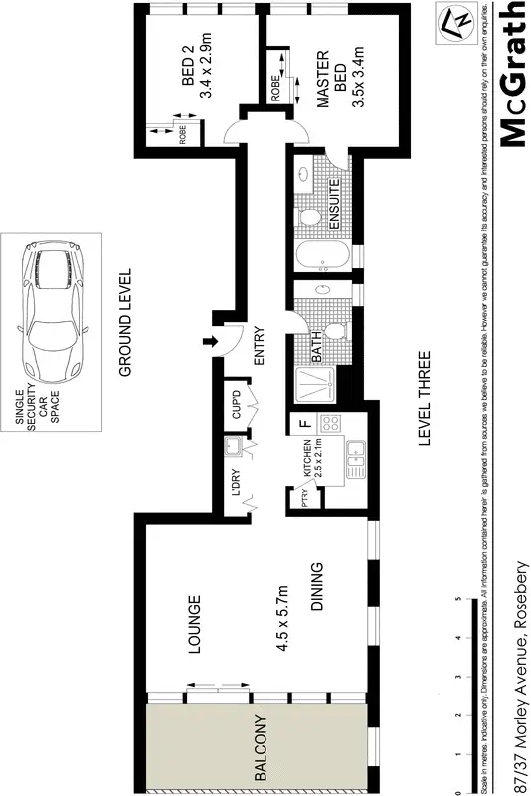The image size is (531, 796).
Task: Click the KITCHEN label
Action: [307, 466]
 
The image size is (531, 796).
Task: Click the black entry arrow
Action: [209, 344]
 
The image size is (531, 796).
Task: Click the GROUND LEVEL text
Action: [126, 322]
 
